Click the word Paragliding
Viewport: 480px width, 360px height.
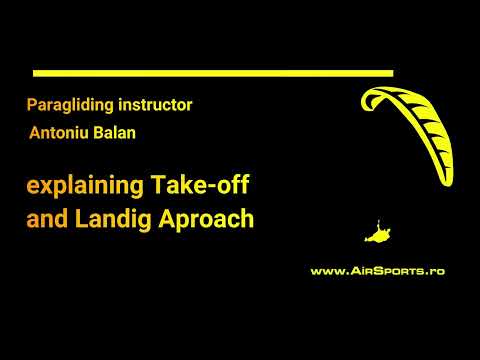(x=66, y=104)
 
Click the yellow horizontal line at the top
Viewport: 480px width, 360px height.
(x=213, y=73)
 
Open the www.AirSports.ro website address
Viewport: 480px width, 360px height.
(x=378, y=270)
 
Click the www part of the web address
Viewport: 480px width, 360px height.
(x=326, y=271)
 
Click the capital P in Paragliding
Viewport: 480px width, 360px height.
(x=33, y=104)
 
